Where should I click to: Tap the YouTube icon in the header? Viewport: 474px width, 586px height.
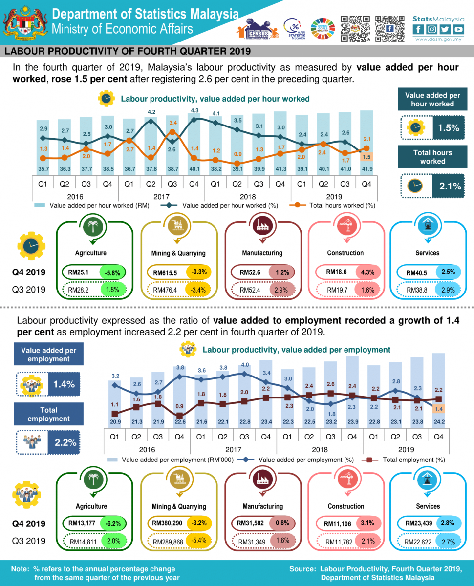[x=458, y=29]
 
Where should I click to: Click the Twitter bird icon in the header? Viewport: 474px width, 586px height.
[x=445, y=29]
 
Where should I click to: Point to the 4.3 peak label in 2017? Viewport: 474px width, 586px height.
[x=194, y=110]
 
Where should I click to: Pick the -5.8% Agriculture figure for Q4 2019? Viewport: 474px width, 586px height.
[x=113, y=272]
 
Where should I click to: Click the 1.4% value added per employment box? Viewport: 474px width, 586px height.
[x=64, y=384]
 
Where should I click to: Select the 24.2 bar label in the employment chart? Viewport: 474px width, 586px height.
[x=438, y=422]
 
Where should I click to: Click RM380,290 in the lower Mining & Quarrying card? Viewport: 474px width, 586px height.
[x=167, y=523]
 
